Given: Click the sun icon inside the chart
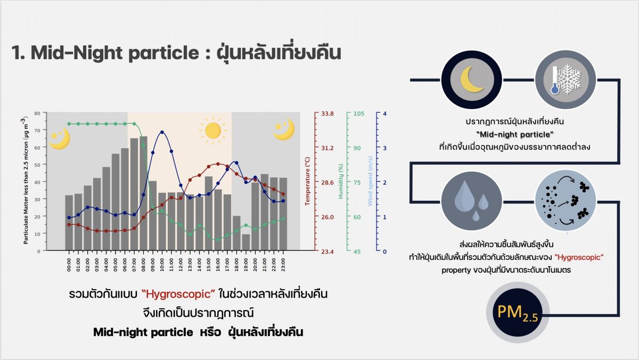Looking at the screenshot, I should (x=212, y=130).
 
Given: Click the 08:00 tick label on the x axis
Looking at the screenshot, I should (x=144, y=265).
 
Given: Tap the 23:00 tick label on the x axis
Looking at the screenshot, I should (x=283, y=265).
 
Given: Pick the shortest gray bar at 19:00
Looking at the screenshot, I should (x=245, y=242).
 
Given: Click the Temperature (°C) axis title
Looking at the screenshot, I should (x=308, y=181).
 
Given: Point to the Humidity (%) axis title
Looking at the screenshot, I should (x=340, y=181).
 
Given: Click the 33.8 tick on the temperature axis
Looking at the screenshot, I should (x=327, y=113).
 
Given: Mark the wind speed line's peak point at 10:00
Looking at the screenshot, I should (x=162, y=132).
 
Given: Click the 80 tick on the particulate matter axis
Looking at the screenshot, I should (x=37, y=113).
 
